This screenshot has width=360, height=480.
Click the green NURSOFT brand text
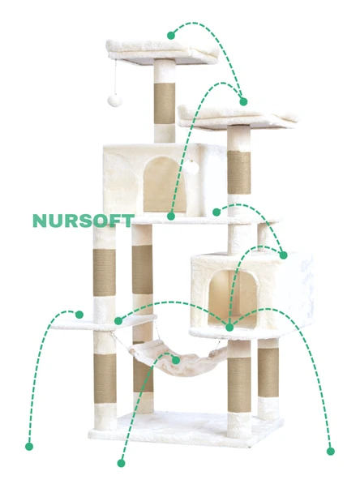(x=84, y=221)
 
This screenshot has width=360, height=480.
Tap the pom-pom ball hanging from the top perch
(x=114, y=101)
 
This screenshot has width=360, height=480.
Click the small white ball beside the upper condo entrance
(x=190, y=166)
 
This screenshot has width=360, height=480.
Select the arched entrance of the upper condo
(x=165, y=184)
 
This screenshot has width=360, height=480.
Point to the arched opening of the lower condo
(x=233, y=298)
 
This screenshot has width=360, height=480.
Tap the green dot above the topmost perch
(x=171, y=36)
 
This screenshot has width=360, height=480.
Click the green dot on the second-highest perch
(x=243, y=101)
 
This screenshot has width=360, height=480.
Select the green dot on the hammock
(x=176, y=360)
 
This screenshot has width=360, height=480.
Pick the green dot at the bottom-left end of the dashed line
(x=29, y=446)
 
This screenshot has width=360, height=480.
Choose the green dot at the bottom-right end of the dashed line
(x=331, y=451)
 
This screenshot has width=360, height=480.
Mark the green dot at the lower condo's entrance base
(x=229, y=328)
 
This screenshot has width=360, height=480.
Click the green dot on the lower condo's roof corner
(x=284, y=255)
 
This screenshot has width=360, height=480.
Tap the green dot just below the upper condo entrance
(x=171, y=216)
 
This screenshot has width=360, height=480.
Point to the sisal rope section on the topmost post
(x=165, y=103)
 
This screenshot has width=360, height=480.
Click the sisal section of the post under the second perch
(x=238, y=173)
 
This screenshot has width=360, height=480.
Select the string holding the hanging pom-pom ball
(x=116, y=78)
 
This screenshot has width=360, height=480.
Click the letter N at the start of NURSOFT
(x=39, y=221)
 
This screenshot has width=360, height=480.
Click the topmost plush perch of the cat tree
(x=162, y=51)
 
